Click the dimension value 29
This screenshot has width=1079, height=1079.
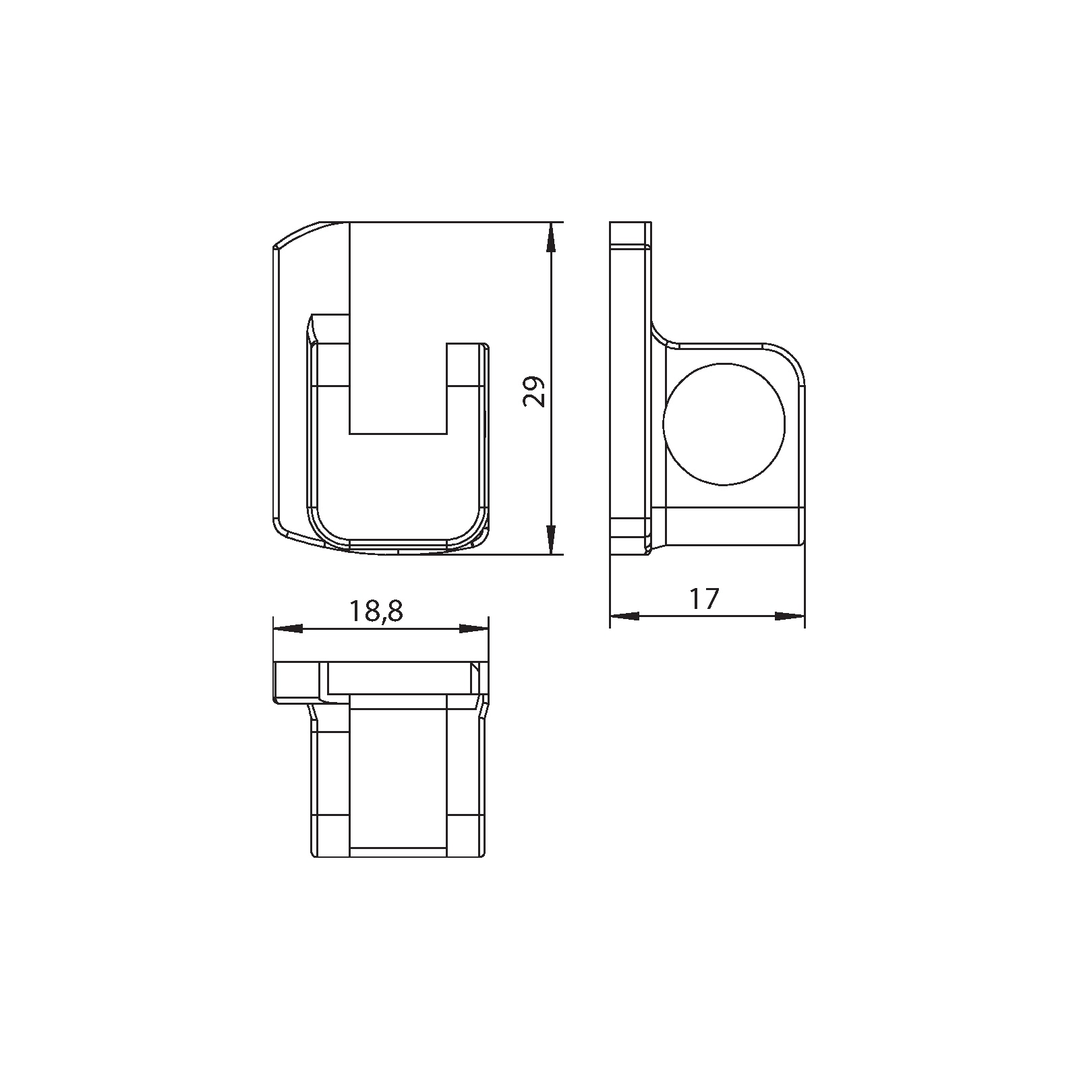click(x=534, y=390)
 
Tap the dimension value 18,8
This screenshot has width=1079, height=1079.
click(x=376, y=611)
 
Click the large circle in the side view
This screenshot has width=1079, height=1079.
click(x=724, y=424)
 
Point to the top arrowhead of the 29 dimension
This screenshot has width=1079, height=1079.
click(x=551, y=236)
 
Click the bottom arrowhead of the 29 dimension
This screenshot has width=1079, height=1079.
click(x=551, y=539)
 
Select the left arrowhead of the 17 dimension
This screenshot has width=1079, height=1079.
click(x=624, y=616)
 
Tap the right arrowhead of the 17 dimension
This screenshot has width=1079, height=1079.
click(x=790, y=616)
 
